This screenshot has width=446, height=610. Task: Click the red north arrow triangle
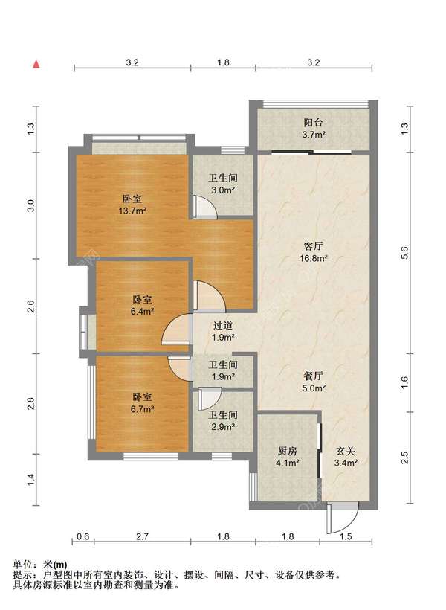(x=36, y=64)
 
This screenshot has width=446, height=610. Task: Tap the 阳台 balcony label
(x=313, y=123)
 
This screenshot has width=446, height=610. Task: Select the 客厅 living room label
(x=313, y=246)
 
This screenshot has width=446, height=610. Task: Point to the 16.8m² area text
(x=314, y=258)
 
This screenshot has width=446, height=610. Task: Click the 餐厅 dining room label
(x=313, y=376)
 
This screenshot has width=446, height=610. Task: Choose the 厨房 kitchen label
(x=288, y=451)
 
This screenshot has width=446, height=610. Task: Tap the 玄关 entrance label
(x=346, y=451)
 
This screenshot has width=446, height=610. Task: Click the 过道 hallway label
(x=223, y=325)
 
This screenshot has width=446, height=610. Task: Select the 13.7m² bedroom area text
(x=132, y=211)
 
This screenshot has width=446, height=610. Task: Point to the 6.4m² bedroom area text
(x=142, y=312)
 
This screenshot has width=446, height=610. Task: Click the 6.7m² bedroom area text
(x=142, y=409)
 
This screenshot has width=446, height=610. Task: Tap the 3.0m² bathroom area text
(x=223, y=190)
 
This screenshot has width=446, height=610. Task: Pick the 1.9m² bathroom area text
(x=223, y=376)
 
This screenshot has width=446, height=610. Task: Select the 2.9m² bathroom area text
(x=223, y=427)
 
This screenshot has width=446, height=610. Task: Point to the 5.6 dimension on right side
(x=405, y=253)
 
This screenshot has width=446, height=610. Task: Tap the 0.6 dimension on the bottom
(x=83, y=536)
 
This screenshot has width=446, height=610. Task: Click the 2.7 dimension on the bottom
(x=142, y=536)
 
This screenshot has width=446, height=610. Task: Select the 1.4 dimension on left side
(x=31, y=479)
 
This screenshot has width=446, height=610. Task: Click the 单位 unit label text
(x=22, y=564)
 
